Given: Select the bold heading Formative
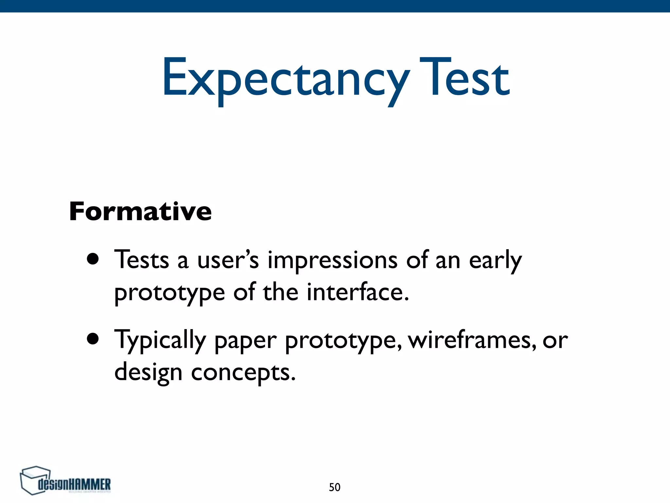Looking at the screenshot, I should [140, 212].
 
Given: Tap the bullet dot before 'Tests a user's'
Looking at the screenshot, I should [93, 259].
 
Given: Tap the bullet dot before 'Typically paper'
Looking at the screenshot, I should [93, 339].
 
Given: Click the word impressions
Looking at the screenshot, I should [333, 260].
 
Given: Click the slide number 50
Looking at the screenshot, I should [334, 487].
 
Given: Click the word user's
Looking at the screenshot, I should [228, 260].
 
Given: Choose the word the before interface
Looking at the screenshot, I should [280, 292].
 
